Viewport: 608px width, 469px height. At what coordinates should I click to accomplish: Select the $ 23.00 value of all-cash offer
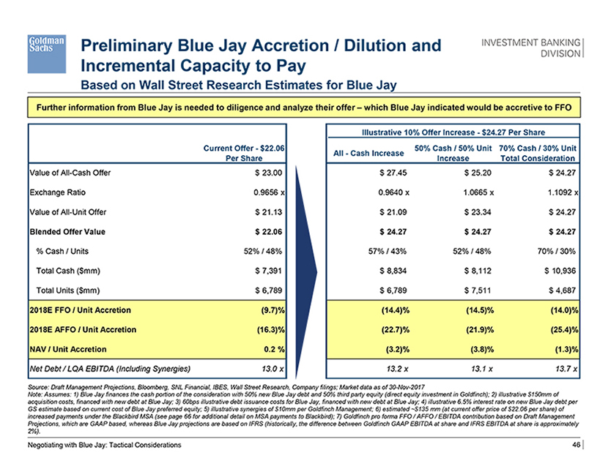tap(267, 173)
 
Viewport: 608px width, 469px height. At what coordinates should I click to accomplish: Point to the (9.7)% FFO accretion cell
tap(270, 310)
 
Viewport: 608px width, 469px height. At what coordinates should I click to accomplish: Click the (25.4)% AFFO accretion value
tap(560, 330)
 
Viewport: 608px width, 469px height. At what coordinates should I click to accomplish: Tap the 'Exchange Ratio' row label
tap(57, 193)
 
